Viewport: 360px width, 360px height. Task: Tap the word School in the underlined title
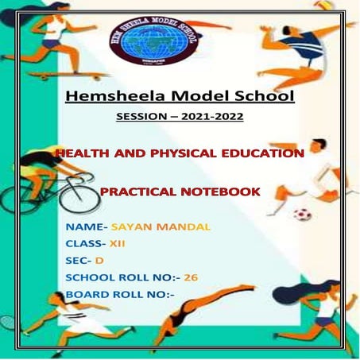tap(261, 98)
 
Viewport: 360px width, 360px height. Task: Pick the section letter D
tap(99, 261)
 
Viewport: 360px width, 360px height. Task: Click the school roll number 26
tap(191, 277)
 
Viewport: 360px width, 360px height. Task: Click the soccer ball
tap(303, 215)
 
